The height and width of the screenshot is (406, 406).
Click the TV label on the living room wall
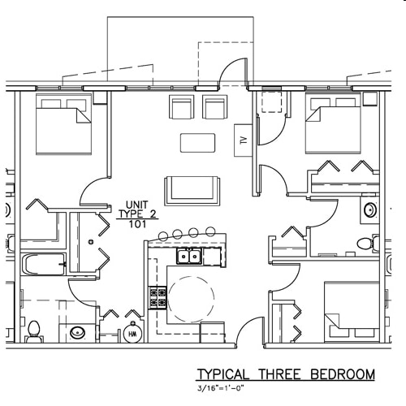[242, 138]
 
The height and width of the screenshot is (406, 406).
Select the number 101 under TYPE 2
[136, 225]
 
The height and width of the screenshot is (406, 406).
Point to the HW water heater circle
[133, 334]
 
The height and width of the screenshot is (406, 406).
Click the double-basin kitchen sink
[189, 257]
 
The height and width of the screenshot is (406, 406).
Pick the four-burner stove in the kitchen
[157, 298]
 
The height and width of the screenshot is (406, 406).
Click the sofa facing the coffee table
[191, 190]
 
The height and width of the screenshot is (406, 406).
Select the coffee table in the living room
[197, 142]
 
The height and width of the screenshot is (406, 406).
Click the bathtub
[44, 265]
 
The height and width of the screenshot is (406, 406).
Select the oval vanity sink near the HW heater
[78, 332]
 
